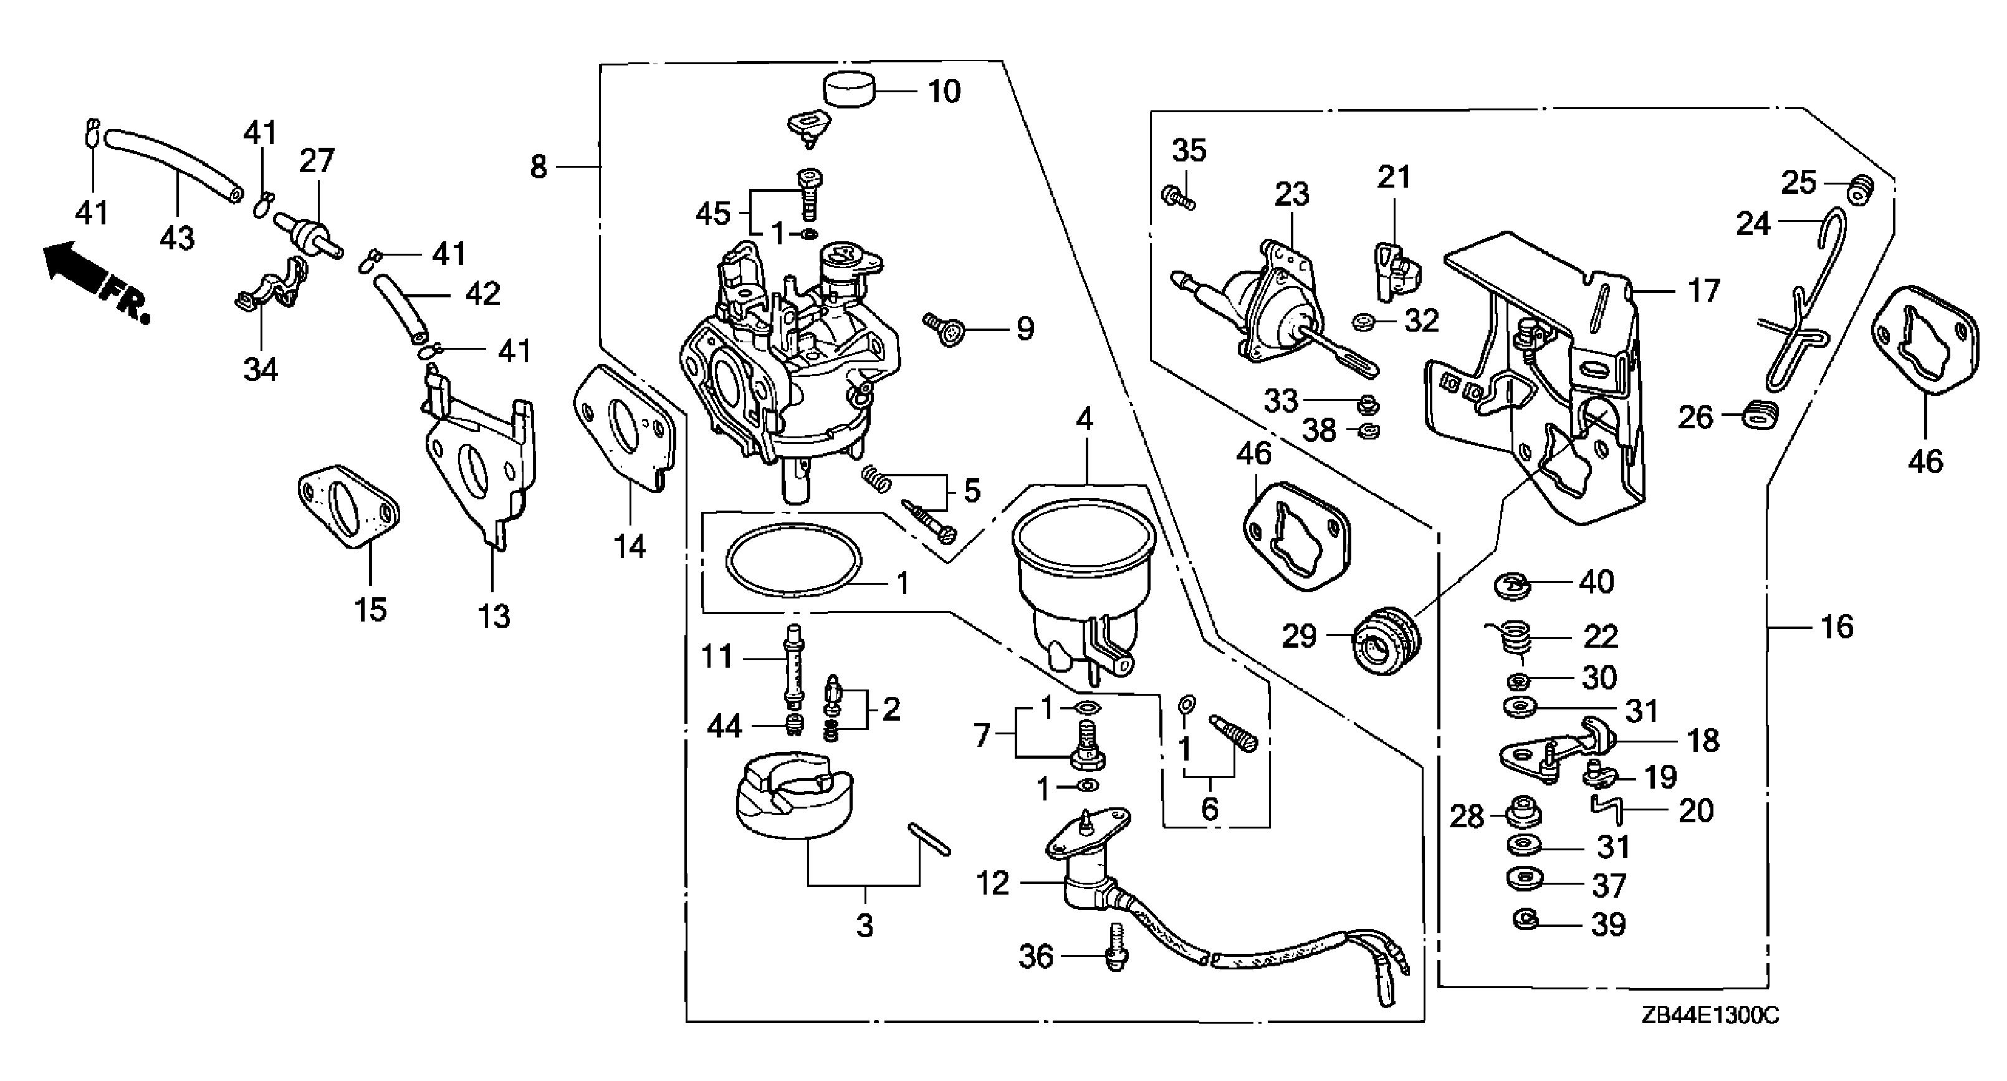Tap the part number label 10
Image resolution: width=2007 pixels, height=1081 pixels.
(944, 92)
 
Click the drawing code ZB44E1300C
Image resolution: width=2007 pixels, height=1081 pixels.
(1710, 1016)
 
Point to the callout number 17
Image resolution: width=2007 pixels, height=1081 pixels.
(1703, 291)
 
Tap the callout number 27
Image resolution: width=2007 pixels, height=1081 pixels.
(317, 161)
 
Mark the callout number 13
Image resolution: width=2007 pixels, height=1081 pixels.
(494, 617)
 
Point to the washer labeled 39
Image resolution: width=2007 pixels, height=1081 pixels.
(1525, 919)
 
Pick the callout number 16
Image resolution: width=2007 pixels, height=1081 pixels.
(1836, 626)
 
